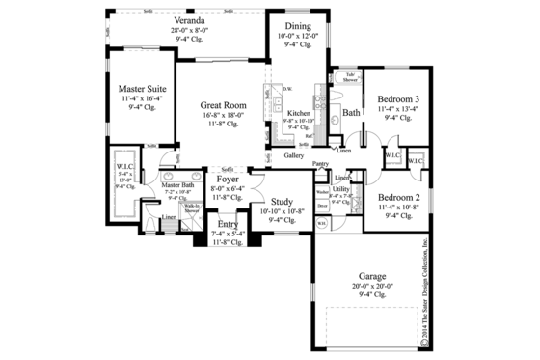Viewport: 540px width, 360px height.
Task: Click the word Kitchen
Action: click(299, 113)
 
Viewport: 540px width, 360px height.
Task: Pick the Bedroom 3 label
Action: click(397, 99)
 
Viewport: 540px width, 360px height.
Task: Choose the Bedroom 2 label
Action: click(396, 195)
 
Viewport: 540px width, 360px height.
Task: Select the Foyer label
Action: click(228, 180)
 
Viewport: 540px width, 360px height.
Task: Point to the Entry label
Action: click(228, 224)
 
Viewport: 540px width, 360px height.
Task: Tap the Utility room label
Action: click(340, 189)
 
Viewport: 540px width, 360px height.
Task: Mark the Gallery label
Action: click(295, 155)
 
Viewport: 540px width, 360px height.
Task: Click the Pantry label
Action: click(321, 164)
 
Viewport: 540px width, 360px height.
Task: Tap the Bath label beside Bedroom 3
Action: click(352, 113)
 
